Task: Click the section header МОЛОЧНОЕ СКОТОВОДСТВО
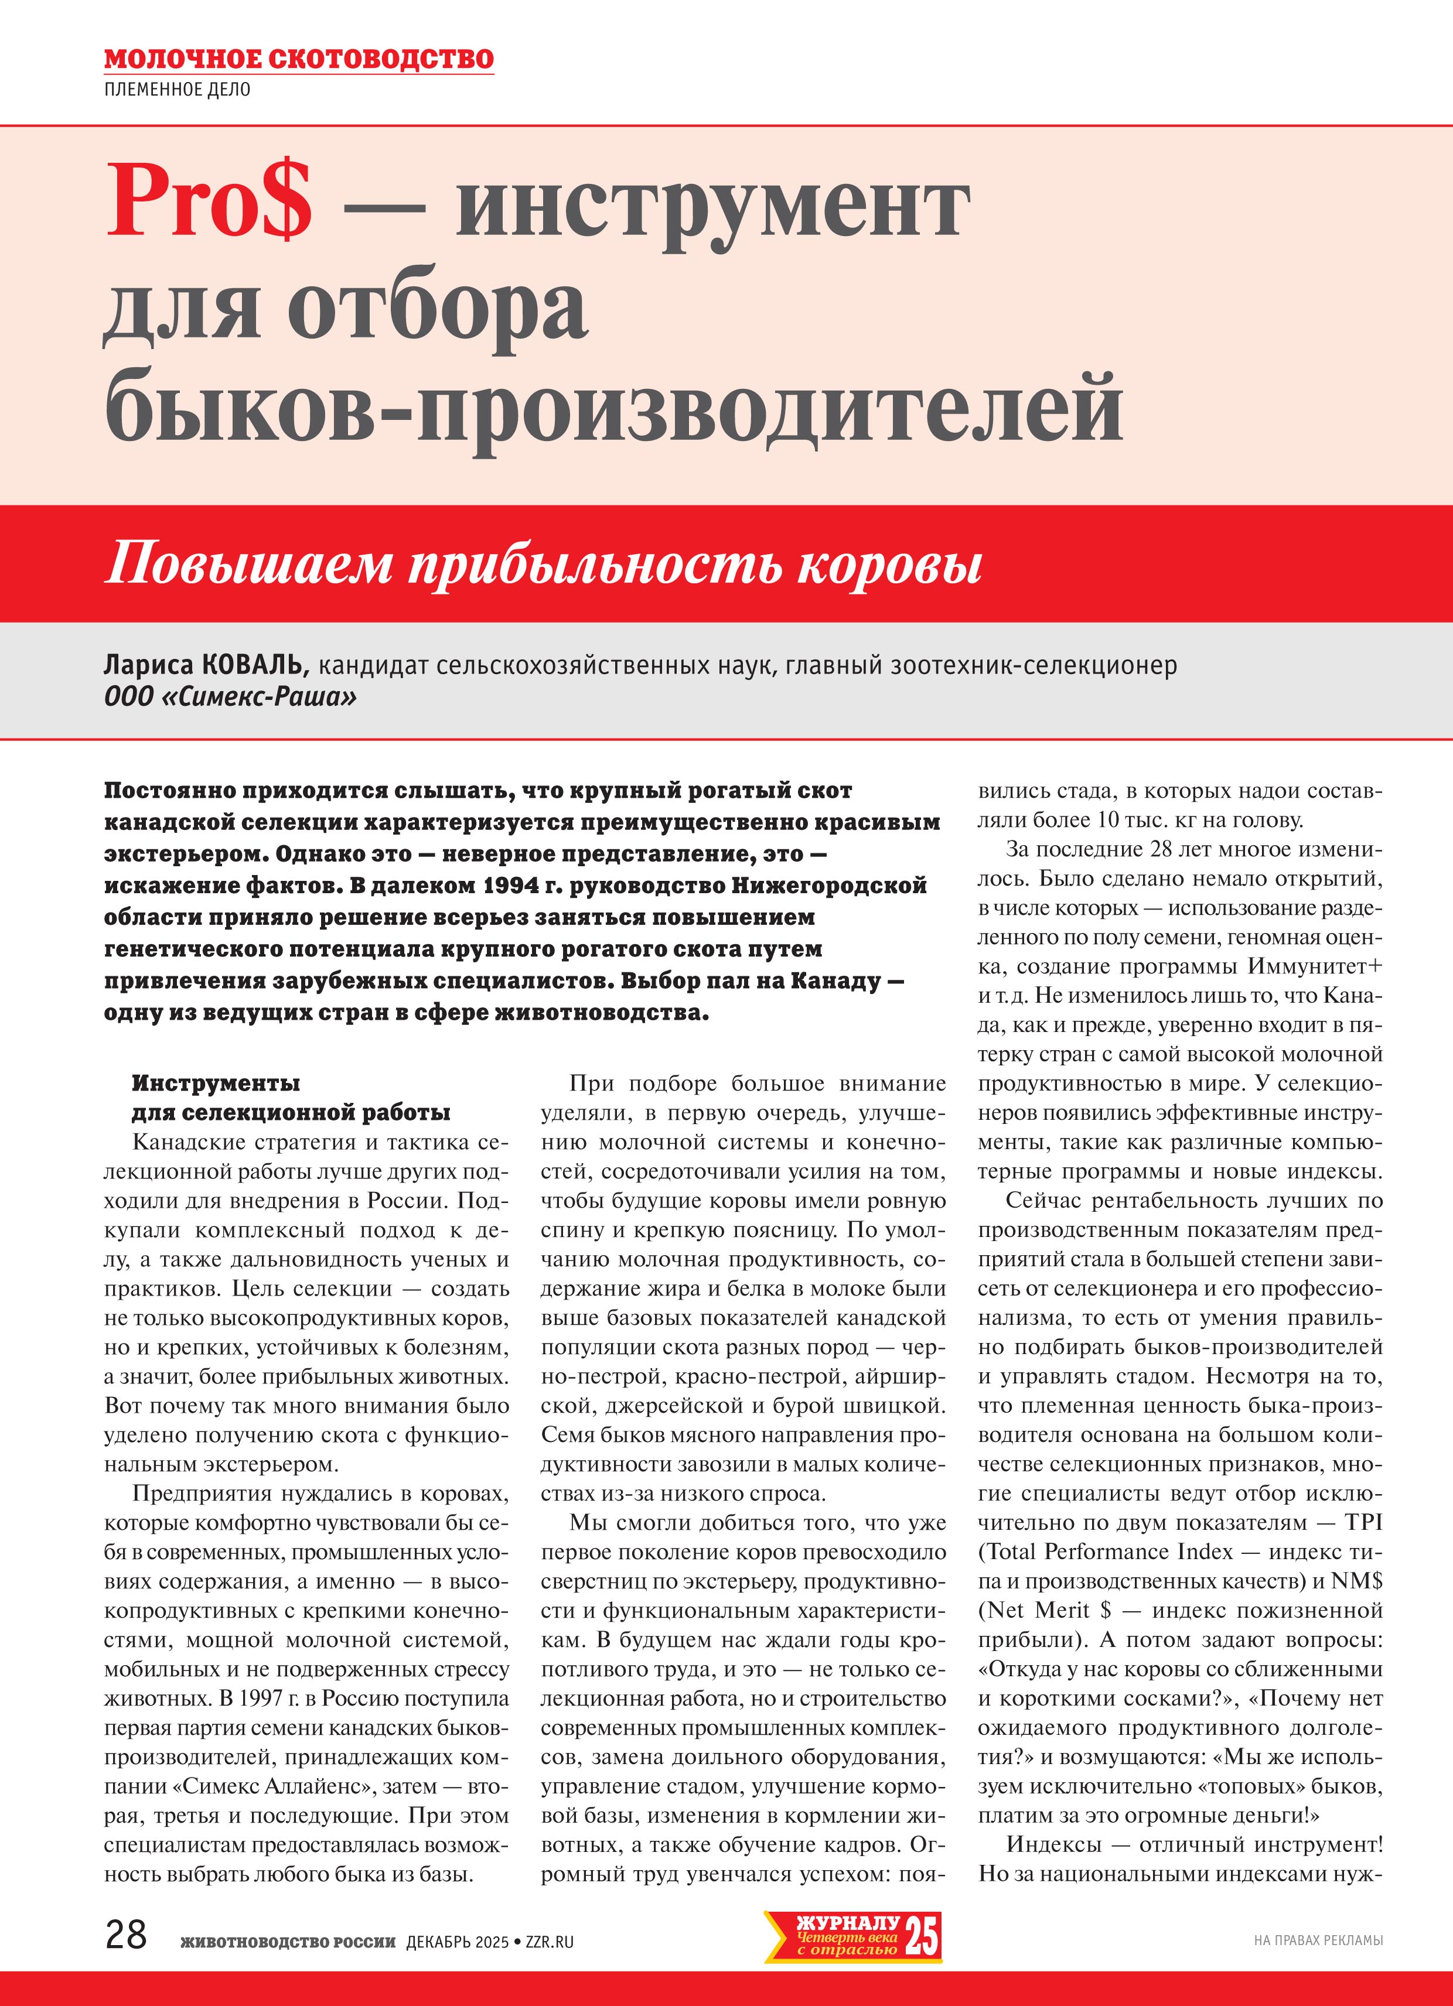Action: (299, 59)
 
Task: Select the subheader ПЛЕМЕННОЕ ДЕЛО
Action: (177, 90)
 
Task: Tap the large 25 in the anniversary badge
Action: (921, 1935)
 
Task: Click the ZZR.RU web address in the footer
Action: (550, 1942)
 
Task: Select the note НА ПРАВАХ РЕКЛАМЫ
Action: (1318, 1940)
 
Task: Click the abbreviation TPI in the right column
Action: (1363, 1522)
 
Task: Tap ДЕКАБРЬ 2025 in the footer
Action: (458, 1942)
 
